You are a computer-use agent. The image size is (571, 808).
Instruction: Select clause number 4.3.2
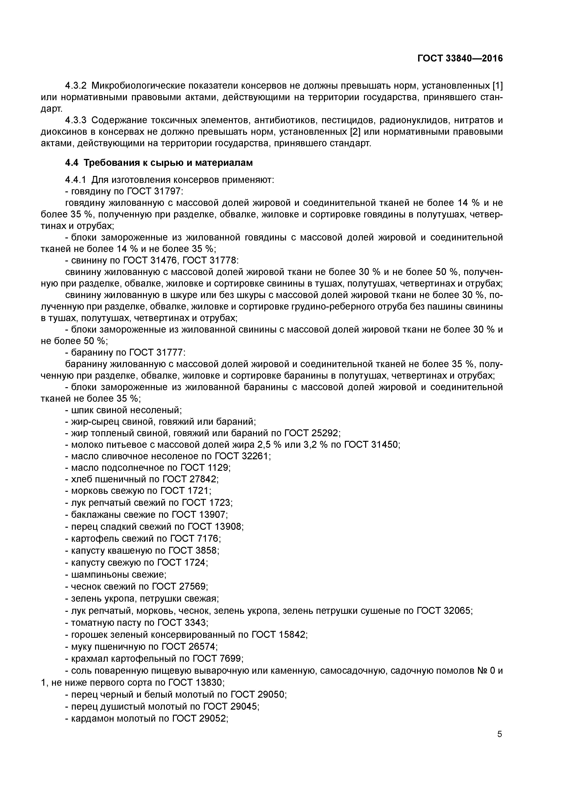[76, 85]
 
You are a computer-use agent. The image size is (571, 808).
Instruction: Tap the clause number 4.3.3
[76, 120]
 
